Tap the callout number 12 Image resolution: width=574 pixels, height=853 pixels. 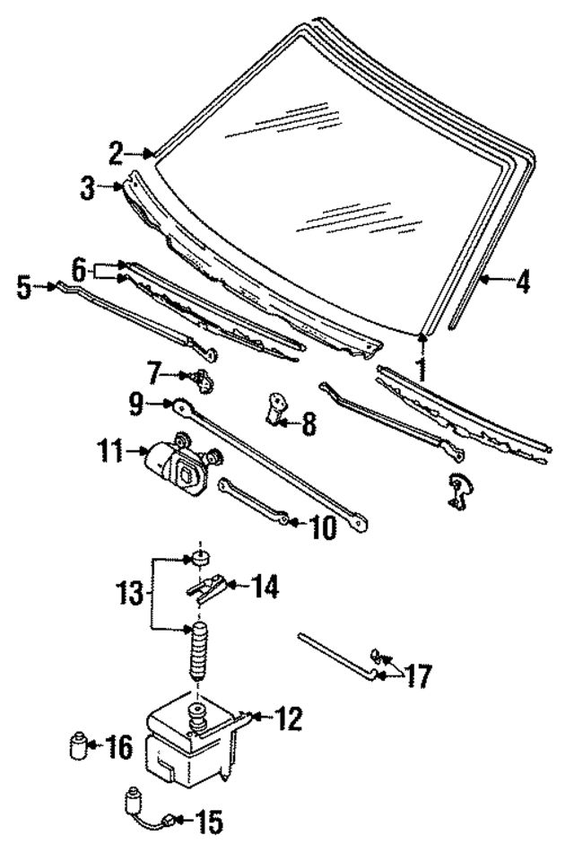[x=288, y=718]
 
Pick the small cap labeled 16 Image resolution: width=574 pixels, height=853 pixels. [x=79, y=745]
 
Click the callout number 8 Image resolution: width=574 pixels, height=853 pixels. [x=308, y=423]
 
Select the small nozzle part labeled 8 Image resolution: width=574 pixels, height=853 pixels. [x=274, y=410]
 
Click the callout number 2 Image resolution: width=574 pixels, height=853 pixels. [x=117, y=154]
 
